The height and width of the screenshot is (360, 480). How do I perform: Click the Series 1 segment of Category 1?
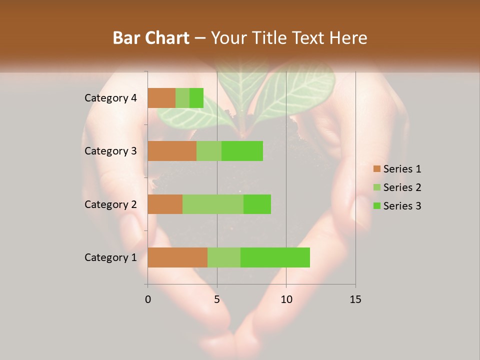[177, 257]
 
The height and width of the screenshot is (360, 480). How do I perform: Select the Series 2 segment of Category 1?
[224, 257]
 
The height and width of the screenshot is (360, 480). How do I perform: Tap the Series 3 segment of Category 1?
[275, 257]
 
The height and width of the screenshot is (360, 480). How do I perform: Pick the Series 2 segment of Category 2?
[213, 204]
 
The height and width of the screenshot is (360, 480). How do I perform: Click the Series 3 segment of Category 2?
[257, 204]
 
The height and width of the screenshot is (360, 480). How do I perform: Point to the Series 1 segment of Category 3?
[172, 151]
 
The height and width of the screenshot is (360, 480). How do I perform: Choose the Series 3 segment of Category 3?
[242, 151]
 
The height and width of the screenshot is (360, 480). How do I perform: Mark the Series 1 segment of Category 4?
[161, 98]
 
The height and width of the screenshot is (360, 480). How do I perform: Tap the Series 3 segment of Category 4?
[196, 98]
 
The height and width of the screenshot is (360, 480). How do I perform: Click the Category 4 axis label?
[110, 98]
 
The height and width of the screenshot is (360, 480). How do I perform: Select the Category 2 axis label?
[110, 204]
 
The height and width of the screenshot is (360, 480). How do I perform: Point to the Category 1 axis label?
[110, 257]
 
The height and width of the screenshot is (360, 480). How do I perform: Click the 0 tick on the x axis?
[148, 299]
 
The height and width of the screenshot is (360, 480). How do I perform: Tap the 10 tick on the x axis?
[286, 299]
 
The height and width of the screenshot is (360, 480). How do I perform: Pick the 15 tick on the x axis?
[355, 299]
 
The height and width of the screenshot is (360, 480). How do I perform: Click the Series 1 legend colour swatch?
[376, 169]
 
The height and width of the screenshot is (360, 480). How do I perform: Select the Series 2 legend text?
[402, 187]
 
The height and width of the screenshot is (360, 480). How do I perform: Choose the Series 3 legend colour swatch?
[376, 206]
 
